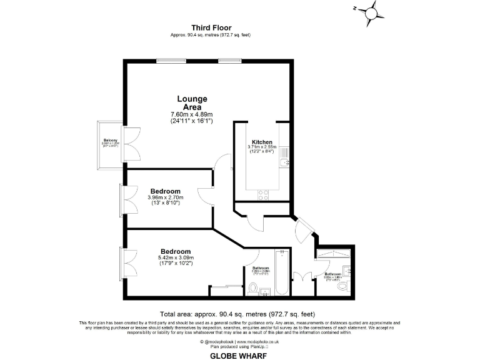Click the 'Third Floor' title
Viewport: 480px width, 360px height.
[x=211, y=27]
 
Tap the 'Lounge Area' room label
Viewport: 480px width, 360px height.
[x=192, y=103]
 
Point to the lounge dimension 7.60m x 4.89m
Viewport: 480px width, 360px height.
[x=192, y=114]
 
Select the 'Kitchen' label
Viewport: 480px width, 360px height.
[x=262, y=142]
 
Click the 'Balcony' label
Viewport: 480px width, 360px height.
[x=109, y=141]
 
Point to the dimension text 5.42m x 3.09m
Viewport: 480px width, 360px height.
[x=176, y=257]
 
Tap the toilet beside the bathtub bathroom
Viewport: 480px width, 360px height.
[x=252, y=288]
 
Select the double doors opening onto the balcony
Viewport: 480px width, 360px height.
[x=132, y=143]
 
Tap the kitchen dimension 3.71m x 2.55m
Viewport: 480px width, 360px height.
[x=262, y=147]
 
